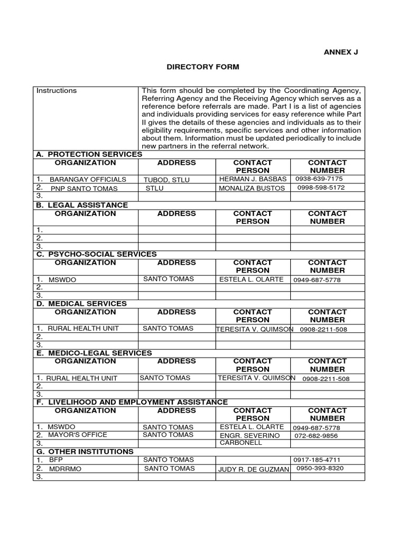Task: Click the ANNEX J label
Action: pos(344,52)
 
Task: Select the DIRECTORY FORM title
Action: pos(203,67)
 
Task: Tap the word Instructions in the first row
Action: pos(57,91)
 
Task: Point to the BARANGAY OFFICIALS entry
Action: pos(88,180)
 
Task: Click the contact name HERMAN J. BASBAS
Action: pos(253,179)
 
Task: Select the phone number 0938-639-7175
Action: pos(326,179)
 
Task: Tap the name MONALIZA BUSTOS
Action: pos(252,188)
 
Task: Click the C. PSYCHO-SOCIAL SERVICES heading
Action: pos(96,254)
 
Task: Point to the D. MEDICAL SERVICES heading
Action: pos(81,304)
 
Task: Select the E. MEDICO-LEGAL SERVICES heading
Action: pos(94,353)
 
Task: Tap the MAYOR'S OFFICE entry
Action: pos(77,435)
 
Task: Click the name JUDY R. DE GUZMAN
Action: pos(253,469)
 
